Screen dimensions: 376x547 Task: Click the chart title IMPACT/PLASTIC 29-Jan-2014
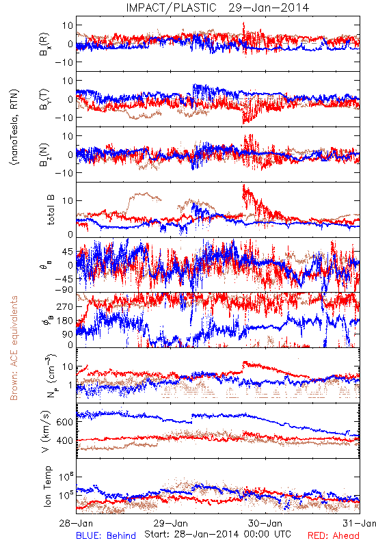[x=217, y=8]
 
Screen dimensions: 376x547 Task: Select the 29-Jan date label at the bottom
[x=171, y=523]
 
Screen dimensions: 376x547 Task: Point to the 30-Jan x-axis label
[x=265, y=523]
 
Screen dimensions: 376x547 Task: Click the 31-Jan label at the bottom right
[x=360, y=523]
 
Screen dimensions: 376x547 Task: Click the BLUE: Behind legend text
[x=106, y=535]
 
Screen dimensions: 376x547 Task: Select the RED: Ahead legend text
[x=334, y=535]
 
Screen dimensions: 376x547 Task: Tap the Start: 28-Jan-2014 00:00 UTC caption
[x=217, y=534]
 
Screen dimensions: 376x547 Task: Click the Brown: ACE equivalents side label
[x=14, y=348]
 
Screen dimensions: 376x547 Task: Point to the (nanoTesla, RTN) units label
[x=14, y=127]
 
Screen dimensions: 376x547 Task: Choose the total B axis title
[x=50, y=210]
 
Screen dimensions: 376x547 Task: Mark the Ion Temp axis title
[x=48, y=486]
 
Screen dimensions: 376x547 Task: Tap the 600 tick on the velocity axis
[x=65, y=422]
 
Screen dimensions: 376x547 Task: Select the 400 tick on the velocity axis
[x=65, y=440]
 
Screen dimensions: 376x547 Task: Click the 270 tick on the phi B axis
[x=65, y=307]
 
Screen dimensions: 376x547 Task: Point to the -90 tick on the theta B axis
[x=64, y=290]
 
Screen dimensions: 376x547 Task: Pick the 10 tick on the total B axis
[x=68, y=201]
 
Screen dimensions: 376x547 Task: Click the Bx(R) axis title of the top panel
[x=44, y=44]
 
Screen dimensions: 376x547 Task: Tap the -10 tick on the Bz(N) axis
[x=64, y=173]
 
